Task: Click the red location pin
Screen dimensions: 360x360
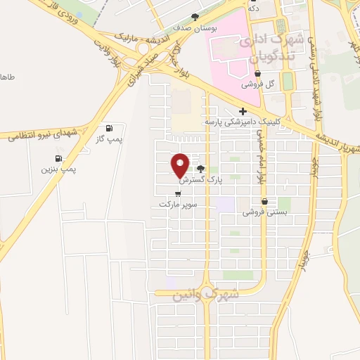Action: (x=181, y=165)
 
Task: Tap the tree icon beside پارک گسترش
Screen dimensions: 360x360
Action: (x=202, y=169)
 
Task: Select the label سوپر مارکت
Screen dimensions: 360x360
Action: (x=175, y=204)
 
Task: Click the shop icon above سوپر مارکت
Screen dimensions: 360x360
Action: (x=176, y=193)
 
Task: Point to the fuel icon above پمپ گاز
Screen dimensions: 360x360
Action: (x=109, y=129)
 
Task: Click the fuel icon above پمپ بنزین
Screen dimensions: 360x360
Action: (x=58, y=157)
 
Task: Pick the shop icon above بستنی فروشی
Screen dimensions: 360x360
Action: (x=266, y=200)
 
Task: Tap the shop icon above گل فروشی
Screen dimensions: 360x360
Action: (x=258, y=72)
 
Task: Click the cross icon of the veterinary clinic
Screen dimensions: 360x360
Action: (x=243, y=111)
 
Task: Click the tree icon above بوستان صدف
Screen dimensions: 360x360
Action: (x=195, y=17)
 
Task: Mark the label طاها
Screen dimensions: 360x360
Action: (x=7, y=76)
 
